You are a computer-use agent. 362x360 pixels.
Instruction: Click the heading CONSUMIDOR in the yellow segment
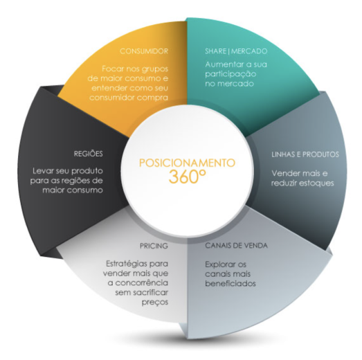coord(144,51)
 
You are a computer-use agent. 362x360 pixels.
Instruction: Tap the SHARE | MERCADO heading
coord(236,51)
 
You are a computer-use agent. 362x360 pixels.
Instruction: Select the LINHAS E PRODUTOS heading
coord(305,154)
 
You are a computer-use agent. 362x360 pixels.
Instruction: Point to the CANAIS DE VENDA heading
coord(236,246)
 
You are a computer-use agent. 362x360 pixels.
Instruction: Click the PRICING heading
coord(154,246)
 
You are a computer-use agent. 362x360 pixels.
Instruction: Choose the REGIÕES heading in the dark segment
coord(88,154)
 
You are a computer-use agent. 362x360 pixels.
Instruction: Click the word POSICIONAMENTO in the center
coord(187,163)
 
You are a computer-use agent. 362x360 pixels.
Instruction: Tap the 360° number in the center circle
coord(187,177)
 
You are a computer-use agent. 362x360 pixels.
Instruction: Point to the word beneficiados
coord(230,283)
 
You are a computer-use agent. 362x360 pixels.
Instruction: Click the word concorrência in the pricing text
coord(141,283)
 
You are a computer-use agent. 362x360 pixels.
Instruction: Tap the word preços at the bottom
coord(155,303)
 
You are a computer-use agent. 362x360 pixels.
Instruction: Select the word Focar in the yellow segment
coord(112,69)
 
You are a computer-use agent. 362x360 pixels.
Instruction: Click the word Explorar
coord(219,264)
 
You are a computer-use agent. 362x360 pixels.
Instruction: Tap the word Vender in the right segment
coord(285,173)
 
